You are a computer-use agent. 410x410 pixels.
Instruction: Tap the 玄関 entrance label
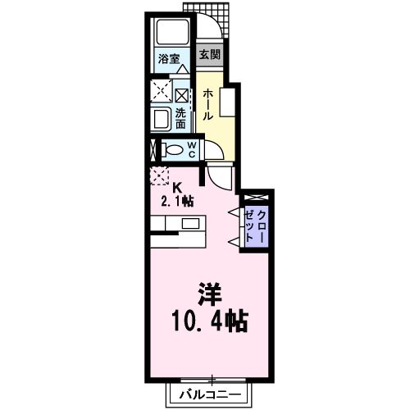(x=210, y=56)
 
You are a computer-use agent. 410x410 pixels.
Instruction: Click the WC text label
(x=190, y=149)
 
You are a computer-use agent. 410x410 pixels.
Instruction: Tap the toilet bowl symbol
(x=171, y=150)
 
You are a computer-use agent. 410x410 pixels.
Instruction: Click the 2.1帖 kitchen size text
(x=176, y=200)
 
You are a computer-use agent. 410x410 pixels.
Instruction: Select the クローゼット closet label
(x=254, y=224)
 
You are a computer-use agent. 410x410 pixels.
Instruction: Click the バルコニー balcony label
(x=212, y=395)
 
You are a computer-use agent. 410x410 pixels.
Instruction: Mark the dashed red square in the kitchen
(x=158, y=175)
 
